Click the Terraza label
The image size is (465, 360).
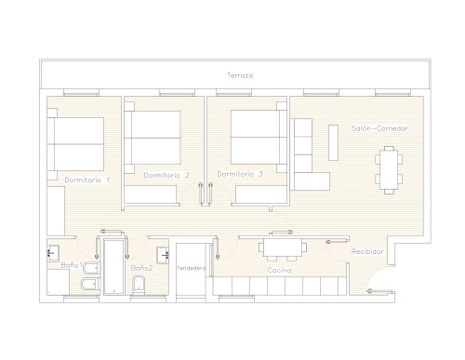[240, 75]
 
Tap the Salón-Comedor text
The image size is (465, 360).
[379, 128]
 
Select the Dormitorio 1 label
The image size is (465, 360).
[87, 180]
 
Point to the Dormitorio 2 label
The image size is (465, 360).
[166, 175]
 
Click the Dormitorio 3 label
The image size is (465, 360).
[240, 174]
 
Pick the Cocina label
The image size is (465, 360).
[279, 271]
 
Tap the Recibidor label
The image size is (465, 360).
[367, 251]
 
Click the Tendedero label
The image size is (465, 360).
[191, 268]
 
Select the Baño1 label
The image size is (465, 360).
[72, 265]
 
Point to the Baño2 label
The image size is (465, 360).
[141, 268]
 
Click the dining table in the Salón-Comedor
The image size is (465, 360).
[389, 170]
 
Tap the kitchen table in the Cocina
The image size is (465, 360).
[283, 249]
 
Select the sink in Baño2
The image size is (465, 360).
[163, 255]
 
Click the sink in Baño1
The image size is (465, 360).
[53, 253]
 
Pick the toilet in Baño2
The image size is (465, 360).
[139, 286]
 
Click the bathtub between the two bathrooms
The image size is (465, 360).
[113, 266]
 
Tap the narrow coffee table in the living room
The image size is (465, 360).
[333, 142]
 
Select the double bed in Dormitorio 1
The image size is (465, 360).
[75, 144]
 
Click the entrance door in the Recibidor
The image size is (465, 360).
[380, 291]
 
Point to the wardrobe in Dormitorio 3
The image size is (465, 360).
[261, 194]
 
